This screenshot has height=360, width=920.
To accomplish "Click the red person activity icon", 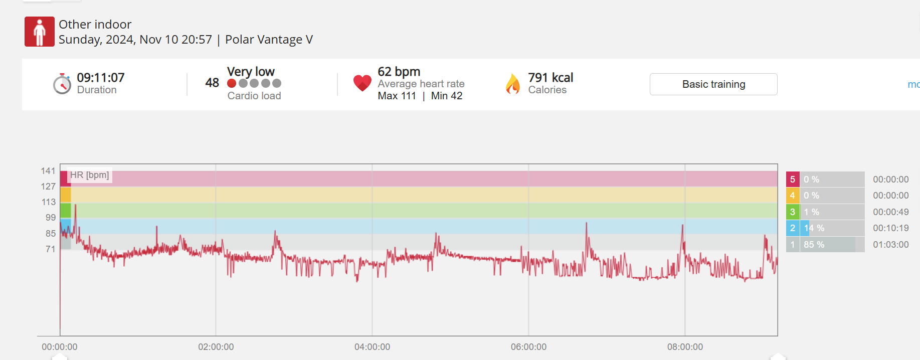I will pos(40,32).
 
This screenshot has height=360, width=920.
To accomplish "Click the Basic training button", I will pos(713,84).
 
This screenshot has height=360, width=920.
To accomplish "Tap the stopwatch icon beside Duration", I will pos(62,84).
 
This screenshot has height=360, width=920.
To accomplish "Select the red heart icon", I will pos(362,83).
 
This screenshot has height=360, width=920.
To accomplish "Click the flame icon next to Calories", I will pos(513,84).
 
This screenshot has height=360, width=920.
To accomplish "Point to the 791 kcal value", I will pos(550,78).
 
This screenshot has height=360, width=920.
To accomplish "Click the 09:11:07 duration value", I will pos(100,78).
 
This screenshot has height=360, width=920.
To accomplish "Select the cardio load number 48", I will pos(212,83).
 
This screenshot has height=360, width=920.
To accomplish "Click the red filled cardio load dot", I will pos(232,83).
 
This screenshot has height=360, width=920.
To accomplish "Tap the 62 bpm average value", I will pos(399,72).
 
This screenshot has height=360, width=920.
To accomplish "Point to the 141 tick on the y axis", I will pos(48,171).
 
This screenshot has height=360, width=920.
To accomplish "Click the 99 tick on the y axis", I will pos(51,218).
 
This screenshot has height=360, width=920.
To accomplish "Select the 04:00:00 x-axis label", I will pos(372,347).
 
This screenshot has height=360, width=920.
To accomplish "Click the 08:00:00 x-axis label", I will pos(685,347).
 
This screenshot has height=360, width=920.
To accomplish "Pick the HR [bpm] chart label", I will pos(90,175).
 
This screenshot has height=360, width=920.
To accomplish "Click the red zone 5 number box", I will pos(792,179).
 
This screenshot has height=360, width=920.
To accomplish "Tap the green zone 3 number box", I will pos(792,212).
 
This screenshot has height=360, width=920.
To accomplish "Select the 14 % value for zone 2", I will pos(814,228).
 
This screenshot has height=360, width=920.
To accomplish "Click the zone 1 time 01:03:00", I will pos(890,245).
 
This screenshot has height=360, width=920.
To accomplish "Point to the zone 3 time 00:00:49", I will pos(890,212).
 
